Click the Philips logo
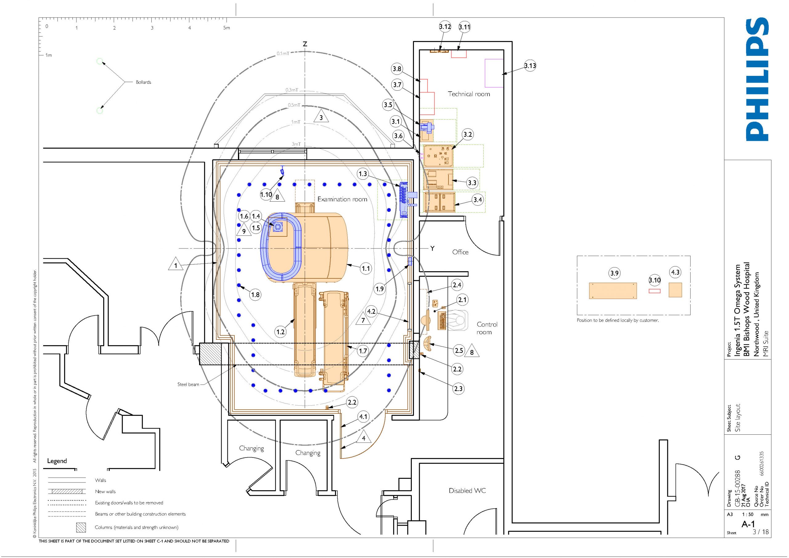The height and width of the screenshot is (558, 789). (x=757, y=80)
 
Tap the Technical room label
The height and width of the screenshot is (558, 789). (x=469, y=94)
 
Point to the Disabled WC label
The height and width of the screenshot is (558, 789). (x=467, y=490)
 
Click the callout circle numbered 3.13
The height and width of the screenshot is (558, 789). (x=530, y=65)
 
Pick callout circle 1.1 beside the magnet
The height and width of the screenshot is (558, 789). (x=366, y=268)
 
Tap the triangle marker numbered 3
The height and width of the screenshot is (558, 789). (x=321, y=117)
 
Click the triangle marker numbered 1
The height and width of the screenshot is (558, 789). (x=176, y=264)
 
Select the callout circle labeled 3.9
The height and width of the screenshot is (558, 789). (x=615, y=273)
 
